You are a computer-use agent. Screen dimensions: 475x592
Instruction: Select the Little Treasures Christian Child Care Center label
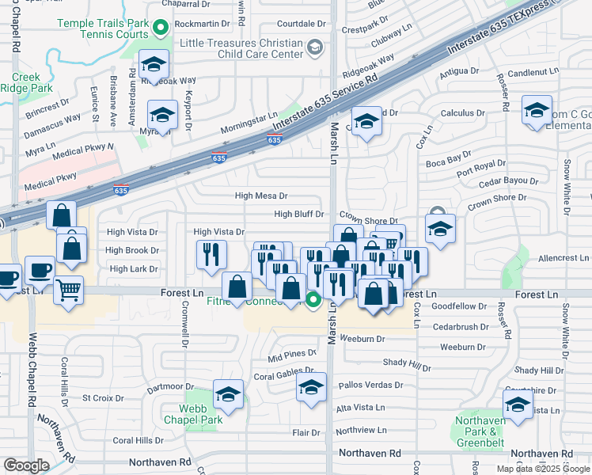click(x=241, y=48)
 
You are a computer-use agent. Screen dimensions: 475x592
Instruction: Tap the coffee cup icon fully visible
click(x=39, y=272)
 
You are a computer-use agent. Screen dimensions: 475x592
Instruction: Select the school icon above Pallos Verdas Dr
click(x=312, y=388)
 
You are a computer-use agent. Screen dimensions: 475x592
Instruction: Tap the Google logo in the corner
click(x=26, y=465)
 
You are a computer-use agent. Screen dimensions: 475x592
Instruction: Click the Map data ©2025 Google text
click(x=543, y=469)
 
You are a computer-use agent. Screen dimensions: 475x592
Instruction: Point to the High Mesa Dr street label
click(x=261, y=196)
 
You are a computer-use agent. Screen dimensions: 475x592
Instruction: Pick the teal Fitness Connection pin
click(x=313, y=299)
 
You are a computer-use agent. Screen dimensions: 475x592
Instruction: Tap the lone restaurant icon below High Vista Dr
click(x=211, y=254)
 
